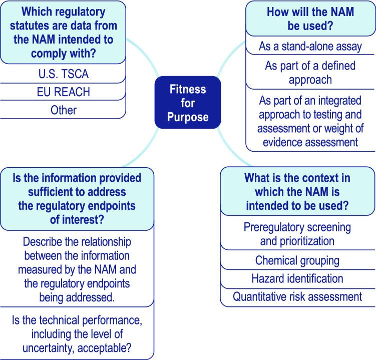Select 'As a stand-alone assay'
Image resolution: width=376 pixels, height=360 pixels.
pos(310,47)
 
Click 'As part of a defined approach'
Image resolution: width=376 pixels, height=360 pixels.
pos(310,73)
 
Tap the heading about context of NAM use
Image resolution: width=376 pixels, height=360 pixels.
pos(297,192)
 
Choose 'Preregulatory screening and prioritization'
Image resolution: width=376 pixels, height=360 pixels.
pos(297,234)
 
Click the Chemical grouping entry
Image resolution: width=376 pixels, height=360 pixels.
pos(297,260)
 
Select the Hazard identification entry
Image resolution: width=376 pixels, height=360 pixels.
pos(297,278)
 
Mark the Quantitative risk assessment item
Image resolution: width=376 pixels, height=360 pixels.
pos(297,296)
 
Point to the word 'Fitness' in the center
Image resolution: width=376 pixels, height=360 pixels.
pos(188,90)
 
